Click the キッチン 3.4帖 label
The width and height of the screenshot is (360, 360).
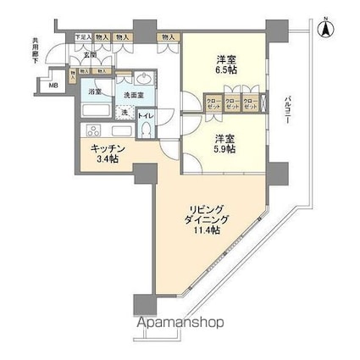109,153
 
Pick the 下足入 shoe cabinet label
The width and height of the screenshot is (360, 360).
81,37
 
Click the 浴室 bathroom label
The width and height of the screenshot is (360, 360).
97,91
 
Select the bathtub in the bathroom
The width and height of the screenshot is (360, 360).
97,111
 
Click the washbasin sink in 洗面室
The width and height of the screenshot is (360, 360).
141,80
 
